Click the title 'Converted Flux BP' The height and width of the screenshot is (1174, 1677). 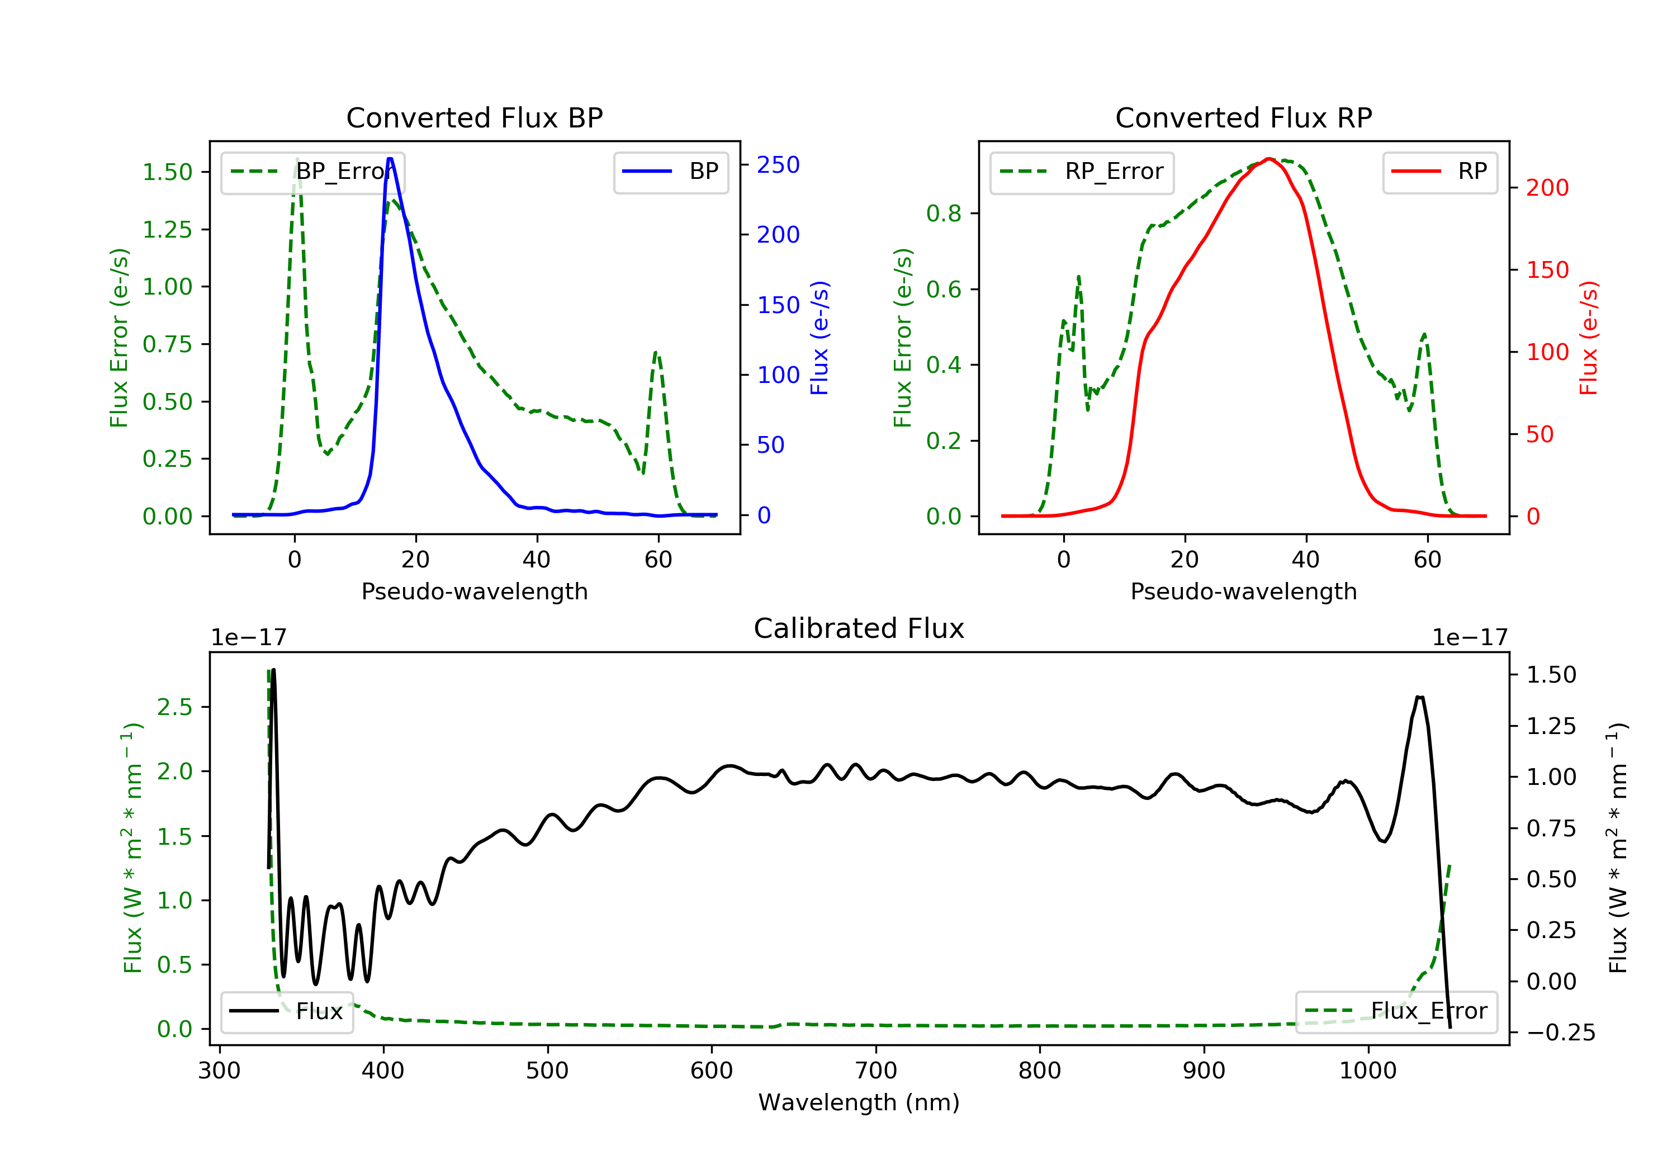[474, 117]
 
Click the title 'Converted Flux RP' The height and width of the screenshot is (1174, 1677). [1243, 117]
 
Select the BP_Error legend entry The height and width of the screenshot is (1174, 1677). [312, 172]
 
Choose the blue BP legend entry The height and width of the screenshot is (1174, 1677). [670, 172]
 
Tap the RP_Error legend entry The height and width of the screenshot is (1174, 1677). [1082, 172]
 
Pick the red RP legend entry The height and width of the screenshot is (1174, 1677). [1439, 172]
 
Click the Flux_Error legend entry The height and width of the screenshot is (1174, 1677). [1396, 1011]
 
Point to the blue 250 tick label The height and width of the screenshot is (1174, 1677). [778, 165]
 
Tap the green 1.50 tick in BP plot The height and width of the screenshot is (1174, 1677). [167, 172]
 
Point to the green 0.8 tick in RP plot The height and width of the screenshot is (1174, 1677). [943, 214]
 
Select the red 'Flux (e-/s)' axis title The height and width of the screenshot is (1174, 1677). [1589, 338]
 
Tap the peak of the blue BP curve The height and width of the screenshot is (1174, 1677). [390, 159]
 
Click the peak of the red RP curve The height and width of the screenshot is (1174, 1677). [1269, 159]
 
